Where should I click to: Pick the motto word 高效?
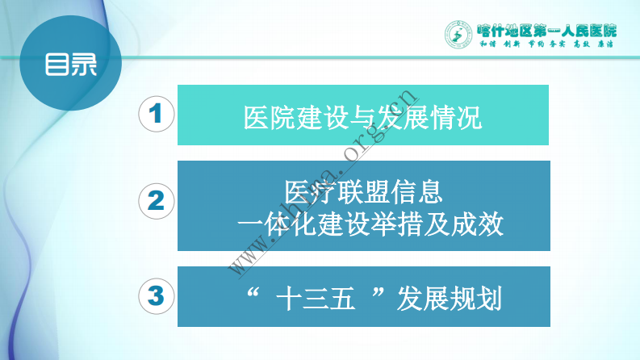pos(582,46)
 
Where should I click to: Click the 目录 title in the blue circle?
pos(70,64)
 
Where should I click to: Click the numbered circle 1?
pos(157,115)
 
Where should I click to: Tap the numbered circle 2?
pos(157,201)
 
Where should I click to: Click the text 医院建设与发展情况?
pos(362,118)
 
